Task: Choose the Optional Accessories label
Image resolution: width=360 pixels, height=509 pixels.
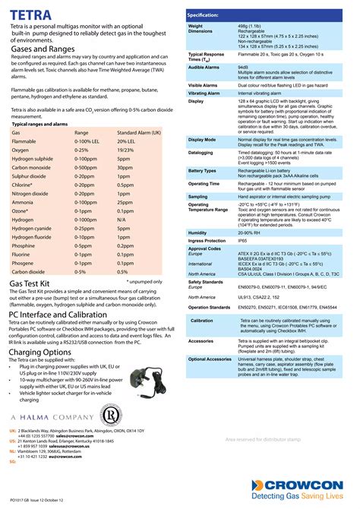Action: [210, 359]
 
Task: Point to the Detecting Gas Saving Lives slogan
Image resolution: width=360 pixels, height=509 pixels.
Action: [307, 495]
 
